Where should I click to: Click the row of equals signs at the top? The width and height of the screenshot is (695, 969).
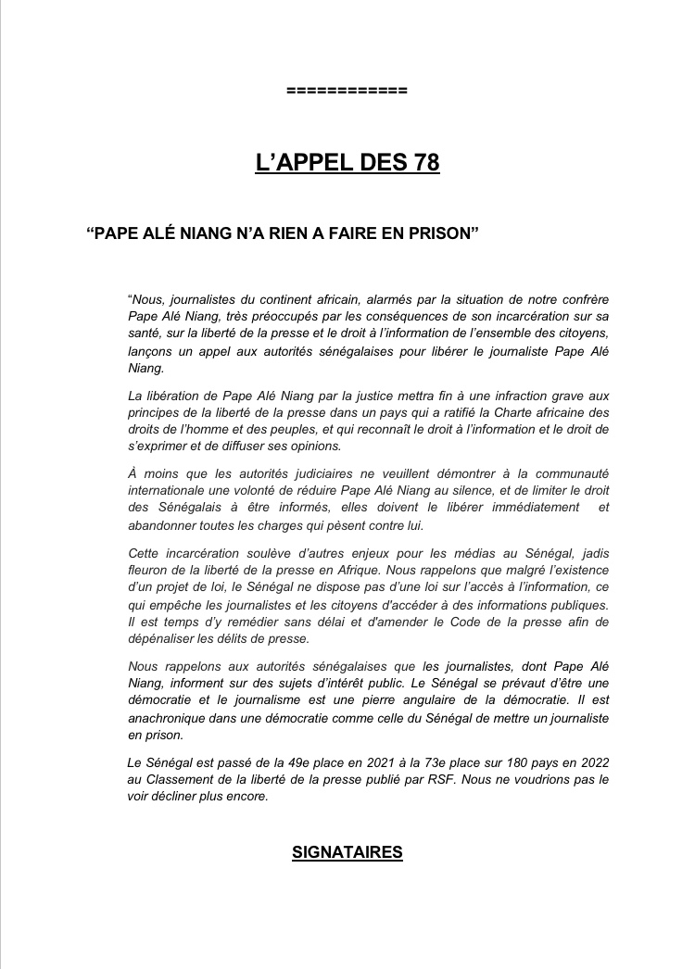tap(347, 92)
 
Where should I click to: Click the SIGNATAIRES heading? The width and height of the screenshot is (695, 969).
tap(347, 852)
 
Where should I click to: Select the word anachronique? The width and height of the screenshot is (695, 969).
tap(166, 719)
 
